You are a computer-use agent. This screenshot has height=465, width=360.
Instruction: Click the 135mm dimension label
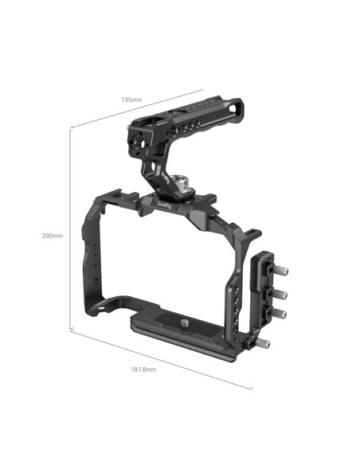click(x=131, y=100)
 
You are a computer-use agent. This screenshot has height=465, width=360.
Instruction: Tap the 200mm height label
click(x=53, y=236)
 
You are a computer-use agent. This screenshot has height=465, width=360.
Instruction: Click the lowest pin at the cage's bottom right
click(x=263, y=344)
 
